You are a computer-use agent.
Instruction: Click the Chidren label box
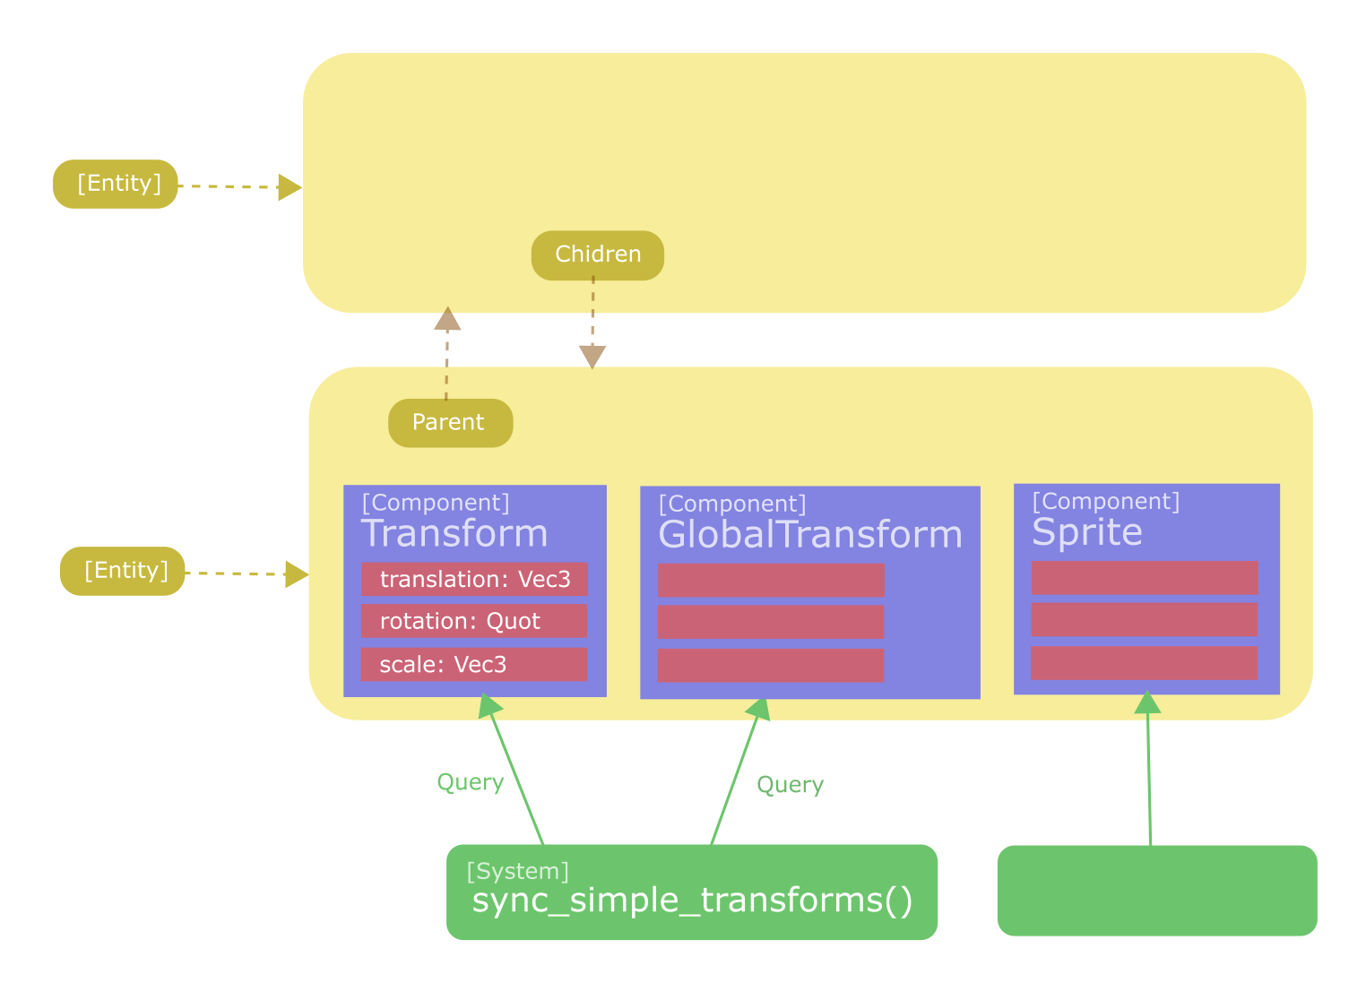point(598,255)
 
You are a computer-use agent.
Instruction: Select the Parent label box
point(450,423)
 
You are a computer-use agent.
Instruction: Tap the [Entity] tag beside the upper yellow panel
point(116,184)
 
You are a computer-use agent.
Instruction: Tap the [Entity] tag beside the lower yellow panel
point(123,571)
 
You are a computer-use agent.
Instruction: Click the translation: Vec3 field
point(474,580)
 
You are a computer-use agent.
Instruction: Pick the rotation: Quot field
point(474,621)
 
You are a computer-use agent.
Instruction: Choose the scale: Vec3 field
point(474,665)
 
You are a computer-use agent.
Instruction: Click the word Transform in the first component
point(454,534)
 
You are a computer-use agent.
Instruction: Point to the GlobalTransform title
point(810,535)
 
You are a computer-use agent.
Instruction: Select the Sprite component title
point(1087,533)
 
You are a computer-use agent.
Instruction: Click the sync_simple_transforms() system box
point(692,892)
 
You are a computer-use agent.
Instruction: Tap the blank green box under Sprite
point(1156,891)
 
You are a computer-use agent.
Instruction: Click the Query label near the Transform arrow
point(471,782)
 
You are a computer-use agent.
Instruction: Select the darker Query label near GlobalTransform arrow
point(790,785)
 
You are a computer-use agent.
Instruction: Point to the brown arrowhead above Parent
point(447,319)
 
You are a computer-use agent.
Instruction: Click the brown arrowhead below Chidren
point(592,356)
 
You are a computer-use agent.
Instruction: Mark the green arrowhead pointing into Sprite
point(1147,703)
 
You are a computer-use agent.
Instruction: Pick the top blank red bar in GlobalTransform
point(771,581)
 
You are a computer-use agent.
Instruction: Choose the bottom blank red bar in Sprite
point(1144,664)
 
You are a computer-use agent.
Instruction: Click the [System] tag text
point(518,871)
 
